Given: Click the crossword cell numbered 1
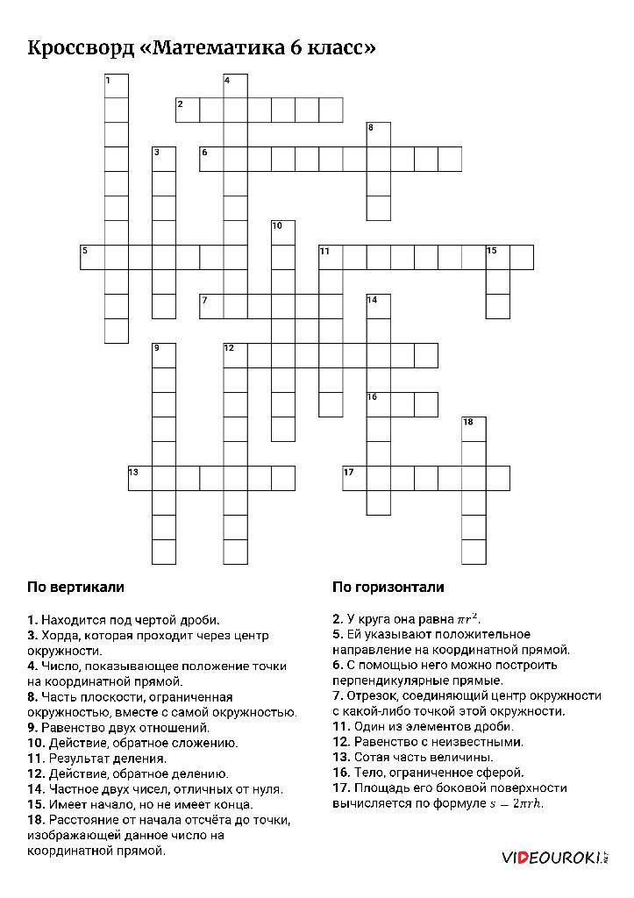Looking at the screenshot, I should pos(117,86).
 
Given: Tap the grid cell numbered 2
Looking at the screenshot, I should pos(188,110).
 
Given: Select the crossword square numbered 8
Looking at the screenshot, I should pos(378,134).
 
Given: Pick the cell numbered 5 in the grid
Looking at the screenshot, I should pos(92,257).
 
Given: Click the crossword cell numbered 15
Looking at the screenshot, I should pos(497,257).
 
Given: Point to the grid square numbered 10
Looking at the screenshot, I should pos(283,232).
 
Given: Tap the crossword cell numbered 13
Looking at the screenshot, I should pos(140,478).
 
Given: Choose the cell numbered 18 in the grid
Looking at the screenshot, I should pos(474,429).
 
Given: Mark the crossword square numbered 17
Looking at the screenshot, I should pos(354,478).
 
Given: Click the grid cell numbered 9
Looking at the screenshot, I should pos(164,355).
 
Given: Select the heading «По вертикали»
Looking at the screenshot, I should pos(75,587).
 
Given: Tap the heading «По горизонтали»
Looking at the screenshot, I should pos(388,587).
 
